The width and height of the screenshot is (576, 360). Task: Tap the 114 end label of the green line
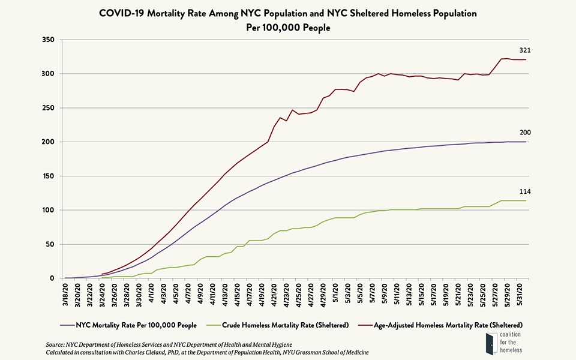click(524, 191)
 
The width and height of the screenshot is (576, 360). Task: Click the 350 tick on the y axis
click(49, 40)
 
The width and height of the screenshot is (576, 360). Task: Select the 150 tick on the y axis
click(49, 176)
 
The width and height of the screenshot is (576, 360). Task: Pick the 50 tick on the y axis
click(50, 244)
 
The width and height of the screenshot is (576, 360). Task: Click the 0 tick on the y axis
click(52, 278)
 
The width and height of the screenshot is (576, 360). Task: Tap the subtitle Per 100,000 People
click(287, 28)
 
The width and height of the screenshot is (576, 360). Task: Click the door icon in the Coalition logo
click(490, 346)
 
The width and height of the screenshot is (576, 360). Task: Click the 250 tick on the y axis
click(49, 108)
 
